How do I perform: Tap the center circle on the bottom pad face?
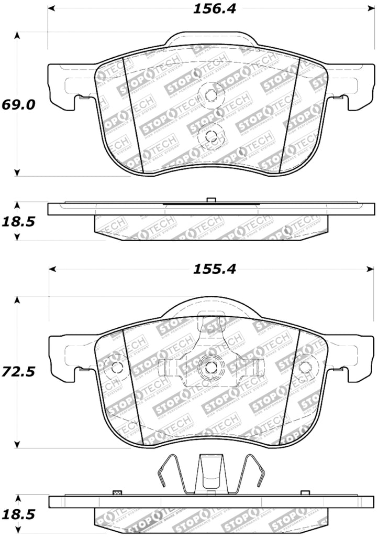pos(210,367)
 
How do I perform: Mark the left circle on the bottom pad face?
pos(114,367)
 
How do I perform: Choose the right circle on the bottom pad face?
pos(304,367)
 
